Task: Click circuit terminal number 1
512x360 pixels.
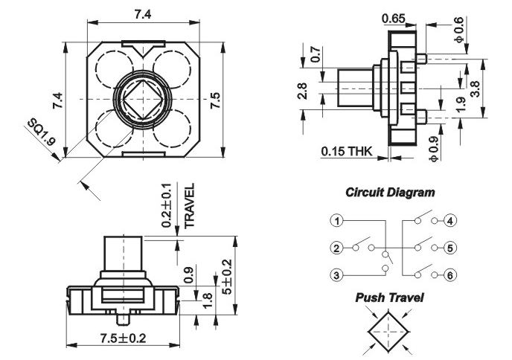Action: [338, 221]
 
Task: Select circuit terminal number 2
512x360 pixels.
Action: [338, 248]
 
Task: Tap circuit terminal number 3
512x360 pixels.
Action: [338, 275]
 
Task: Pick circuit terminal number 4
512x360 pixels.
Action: [451, 221]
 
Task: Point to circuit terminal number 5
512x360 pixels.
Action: [451, 248]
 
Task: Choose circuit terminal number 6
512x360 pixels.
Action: [451, 275]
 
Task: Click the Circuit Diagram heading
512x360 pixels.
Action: [390, 192]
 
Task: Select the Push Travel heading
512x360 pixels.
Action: [389, 298]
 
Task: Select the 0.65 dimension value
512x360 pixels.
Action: [392, 18]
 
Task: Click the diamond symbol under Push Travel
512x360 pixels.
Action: [389, 330]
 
